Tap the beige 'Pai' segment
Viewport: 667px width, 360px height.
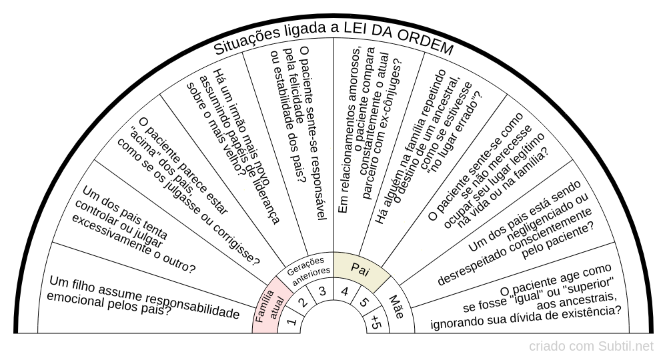click(x=361, y=269)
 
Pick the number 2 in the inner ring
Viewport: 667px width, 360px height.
click(x=303, y=302)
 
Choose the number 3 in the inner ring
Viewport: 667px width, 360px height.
click(x=322, y=291)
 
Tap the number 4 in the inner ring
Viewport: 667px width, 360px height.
click(x=345, y=291)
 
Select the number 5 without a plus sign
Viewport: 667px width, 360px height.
click(x=364, y=302)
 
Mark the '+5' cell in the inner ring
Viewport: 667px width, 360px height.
click(x=375, y=322)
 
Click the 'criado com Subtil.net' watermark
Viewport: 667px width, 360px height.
click(x=591, y=347)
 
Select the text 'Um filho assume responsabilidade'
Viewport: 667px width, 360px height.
click(x=145, y=296)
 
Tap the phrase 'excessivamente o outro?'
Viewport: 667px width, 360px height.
click(x=133, y=244)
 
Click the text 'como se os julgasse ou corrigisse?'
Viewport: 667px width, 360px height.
click(x=187, y=201)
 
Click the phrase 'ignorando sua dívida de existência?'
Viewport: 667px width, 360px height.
click(x=525, y=317)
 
